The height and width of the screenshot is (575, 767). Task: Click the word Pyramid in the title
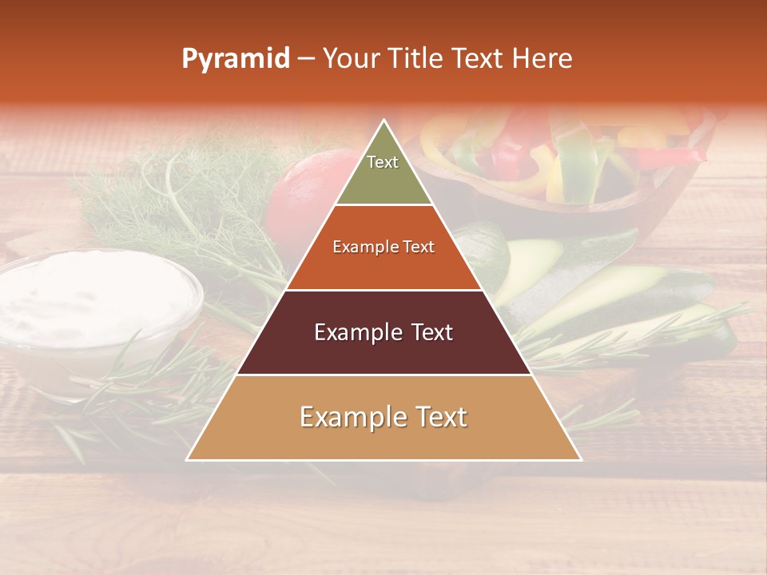[x=235, y=59]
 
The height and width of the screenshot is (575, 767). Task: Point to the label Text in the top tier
[x=383, y=162]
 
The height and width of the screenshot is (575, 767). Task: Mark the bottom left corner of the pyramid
[x=188, y=459]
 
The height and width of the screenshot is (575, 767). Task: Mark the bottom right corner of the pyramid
[x=580, y=459]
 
